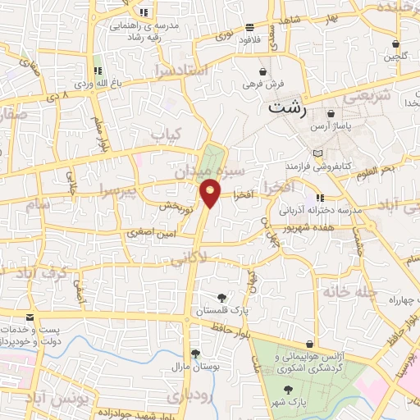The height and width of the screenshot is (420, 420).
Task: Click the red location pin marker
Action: point(210,192)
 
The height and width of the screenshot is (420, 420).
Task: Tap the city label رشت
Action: point(287,107)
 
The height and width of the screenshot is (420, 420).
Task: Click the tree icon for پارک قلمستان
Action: point(221,299)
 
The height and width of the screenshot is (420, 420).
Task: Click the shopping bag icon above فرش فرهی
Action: point(262,71)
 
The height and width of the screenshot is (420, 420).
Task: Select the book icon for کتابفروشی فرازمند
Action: point(319,154)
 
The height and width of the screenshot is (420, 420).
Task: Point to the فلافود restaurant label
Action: point(249,39)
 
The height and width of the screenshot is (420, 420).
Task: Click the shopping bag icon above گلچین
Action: point(396,43)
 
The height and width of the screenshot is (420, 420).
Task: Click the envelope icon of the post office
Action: point(30,317)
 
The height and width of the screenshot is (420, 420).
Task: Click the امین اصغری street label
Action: point(148,234)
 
